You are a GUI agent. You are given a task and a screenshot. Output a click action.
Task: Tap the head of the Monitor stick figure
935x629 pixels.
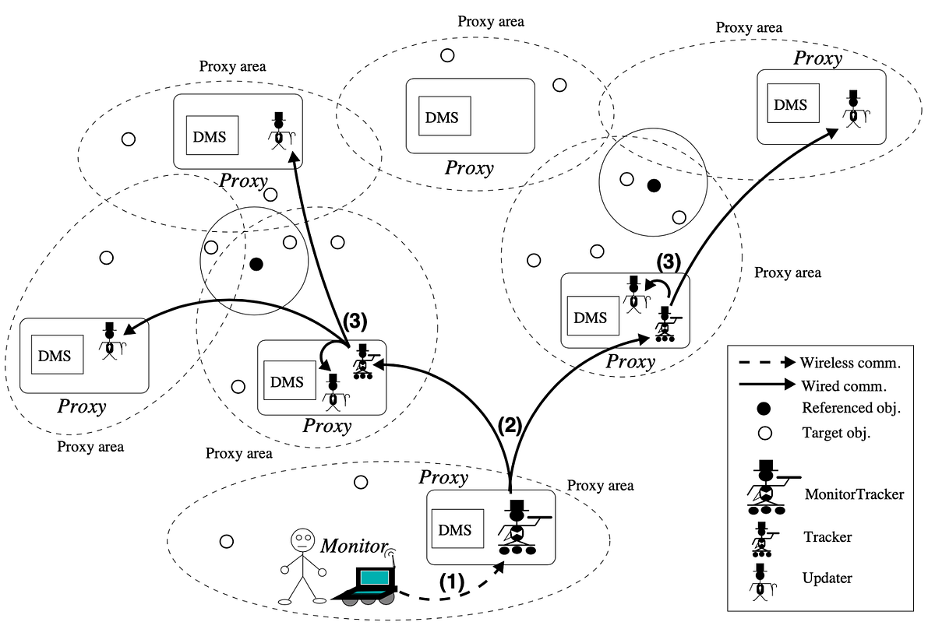[302, 540]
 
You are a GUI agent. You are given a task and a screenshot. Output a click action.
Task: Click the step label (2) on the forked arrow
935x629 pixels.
[510, 426]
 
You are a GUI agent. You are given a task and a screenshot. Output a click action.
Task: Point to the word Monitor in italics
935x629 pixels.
[354, 546]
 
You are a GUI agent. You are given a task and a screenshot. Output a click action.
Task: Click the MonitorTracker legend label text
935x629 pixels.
[854, 494]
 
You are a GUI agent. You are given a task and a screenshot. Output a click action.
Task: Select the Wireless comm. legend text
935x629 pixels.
[850, 364]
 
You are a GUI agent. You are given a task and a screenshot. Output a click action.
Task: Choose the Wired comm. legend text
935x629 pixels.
[844, 386]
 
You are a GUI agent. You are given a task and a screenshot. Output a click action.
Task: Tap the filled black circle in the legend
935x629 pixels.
[764, 409]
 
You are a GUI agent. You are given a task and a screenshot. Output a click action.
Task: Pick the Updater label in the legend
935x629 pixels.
[827, 578]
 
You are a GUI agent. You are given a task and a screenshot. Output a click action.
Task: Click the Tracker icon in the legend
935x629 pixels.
[763, 539]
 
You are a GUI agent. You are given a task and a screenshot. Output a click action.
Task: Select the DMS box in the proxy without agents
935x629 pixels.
[445, 116]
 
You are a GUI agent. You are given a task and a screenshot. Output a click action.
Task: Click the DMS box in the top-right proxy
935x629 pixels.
[793, 103]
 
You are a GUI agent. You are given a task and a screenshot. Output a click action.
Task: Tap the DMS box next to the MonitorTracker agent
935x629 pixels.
[457, 529]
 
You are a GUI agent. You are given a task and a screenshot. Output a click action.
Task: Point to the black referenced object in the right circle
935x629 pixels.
[654, 185]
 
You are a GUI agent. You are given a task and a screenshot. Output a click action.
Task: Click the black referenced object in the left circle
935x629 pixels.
[256, 264]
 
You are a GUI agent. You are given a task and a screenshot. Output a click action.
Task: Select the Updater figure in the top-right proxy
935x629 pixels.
[855, 109]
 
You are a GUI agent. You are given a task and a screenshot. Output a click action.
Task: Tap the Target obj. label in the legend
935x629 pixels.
[836, 433]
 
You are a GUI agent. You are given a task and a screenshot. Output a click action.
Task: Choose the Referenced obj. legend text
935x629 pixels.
[851, 407]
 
